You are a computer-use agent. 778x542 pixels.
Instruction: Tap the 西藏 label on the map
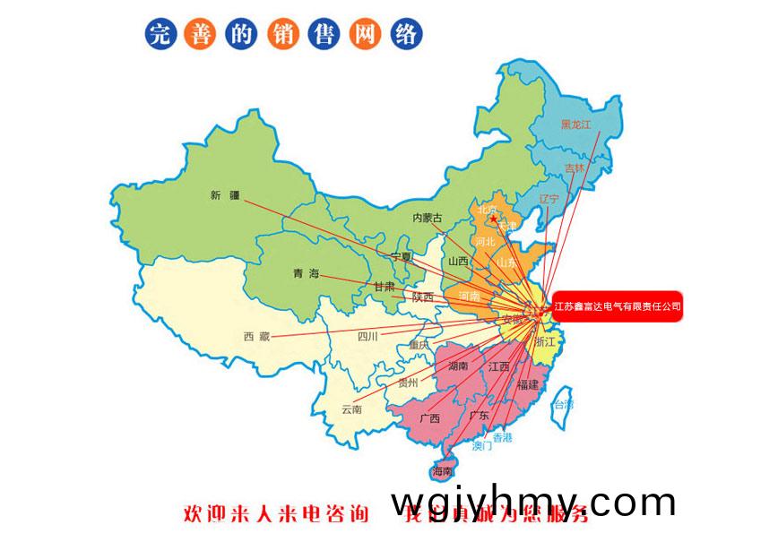click(x=256, y=336)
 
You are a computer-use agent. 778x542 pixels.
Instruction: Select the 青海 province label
click(x=306, y=273)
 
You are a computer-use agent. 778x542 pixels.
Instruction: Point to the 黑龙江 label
click(x=576, y=125)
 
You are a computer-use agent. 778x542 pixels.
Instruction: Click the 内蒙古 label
click(x=428, y=218)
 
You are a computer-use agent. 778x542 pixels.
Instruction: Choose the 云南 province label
click(x=351, y=409)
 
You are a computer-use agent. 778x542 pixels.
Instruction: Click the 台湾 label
click(x=562, y=405)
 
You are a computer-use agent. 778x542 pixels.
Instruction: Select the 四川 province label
click(x=367, y=337)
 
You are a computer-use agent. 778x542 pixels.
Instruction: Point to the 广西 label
click(x=429, y=417)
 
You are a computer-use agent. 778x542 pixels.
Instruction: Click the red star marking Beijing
click(x=493, y=218)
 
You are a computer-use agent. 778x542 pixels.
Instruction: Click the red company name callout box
click(x=618, y=306)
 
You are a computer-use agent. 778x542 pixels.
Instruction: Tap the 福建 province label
click(x=528, y=384)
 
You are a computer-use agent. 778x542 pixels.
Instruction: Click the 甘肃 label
click(x=384, y=287)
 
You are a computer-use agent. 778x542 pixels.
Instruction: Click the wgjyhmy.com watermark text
click(x=533, y=501)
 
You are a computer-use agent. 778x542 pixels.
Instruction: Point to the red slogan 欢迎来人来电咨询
click(x=276, y=514)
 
